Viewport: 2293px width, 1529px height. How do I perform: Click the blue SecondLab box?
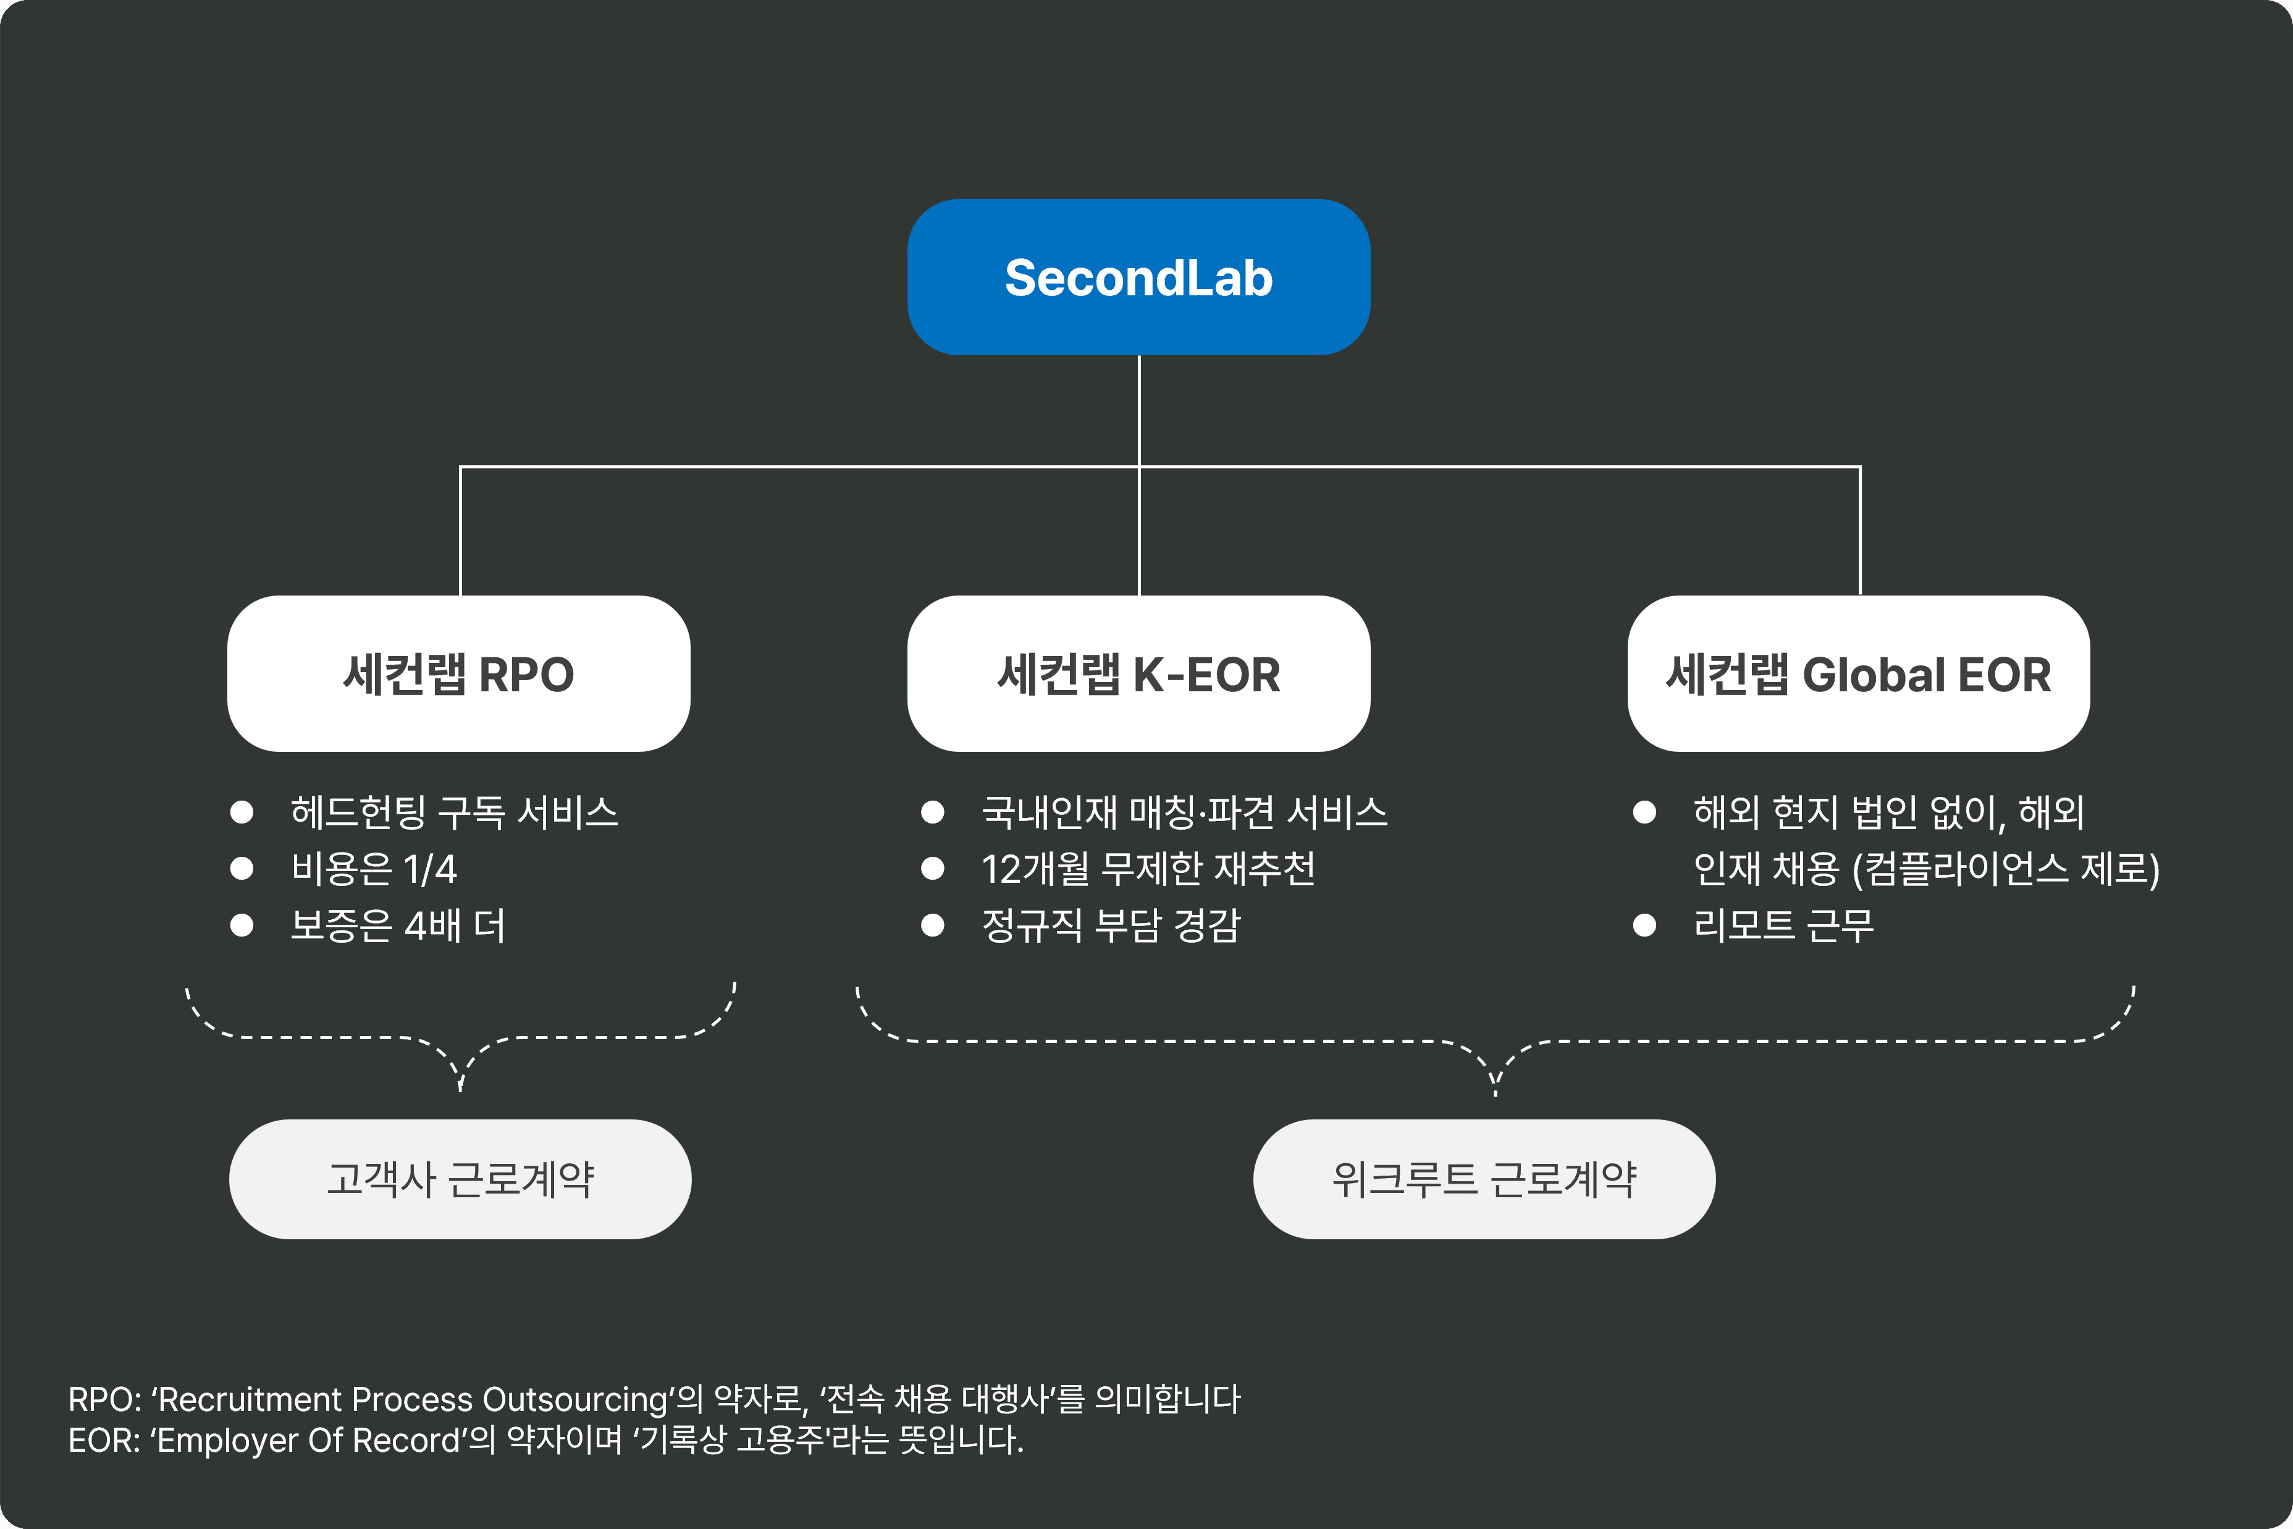coord(1138,277)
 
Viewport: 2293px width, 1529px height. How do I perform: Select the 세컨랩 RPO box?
coord(459,674)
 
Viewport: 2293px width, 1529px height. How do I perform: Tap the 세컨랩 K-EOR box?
coord(1138,674)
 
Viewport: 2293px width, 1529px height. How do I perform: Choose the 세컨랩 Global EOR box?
coord(1858,674)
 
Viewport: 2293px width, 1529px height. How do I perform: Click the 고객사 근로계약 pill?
coord(460,1179)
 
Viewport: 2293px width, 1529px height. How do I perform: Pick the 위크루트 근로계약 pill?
coord(1484,1179)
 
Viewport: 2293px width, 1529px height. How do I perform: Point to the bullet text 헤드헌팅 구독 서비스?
coord(454,812)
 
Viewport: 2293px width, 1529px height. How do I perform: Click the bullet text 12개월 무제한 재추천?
coord(1148,869)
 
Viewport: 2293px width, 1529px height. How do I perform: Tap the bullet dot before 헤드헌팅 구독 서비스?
coord(242,812)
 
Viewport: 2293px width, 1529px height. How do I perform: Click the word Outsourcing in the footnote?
coord(574,1399)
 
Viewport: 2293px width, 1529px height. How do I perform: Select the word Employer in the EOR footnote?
coord(227,1440)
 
